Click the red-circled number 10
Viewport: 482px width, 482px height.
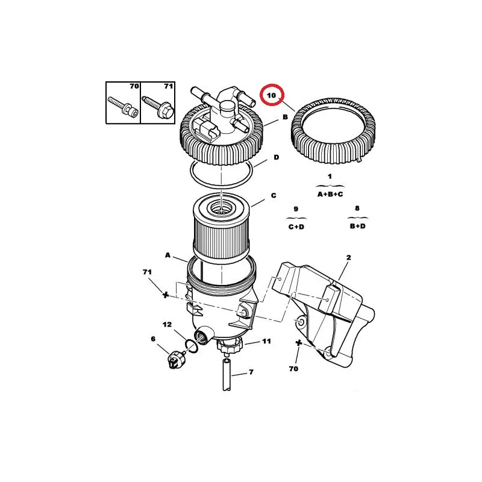point(272,95)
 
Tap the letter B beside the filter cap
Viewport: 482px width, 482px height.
point(285,117)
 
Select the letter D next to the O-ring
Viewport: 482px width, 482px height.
point(277,157)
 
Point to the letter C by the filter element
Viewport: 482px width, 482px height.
point(274,195)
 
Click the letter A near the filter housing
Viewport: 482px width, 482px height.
point(167,255)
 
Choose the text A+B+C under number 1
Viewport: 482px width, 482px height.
point(330,194)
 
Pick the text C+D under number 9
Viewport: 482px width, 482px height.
point(296,227)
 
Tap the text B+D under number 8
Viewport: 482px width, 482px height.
point(358,227)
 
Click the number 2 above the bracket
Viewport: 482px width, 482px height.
point(349,258)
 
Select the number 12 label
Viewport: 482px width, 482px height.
point(167,325)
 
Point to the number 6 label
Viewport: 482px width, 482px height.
point(153,339)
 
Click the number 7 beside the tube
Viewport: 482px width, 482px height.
point(251,372)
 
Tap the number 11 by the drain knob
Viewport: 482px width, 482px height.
point(266,341)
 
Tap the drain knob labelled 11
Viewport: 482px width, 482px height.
point(230,345)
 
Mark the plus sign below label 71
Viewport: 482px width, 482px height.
point(165,295)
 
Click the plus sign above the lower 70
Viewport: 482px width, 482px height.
point(298,343)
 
